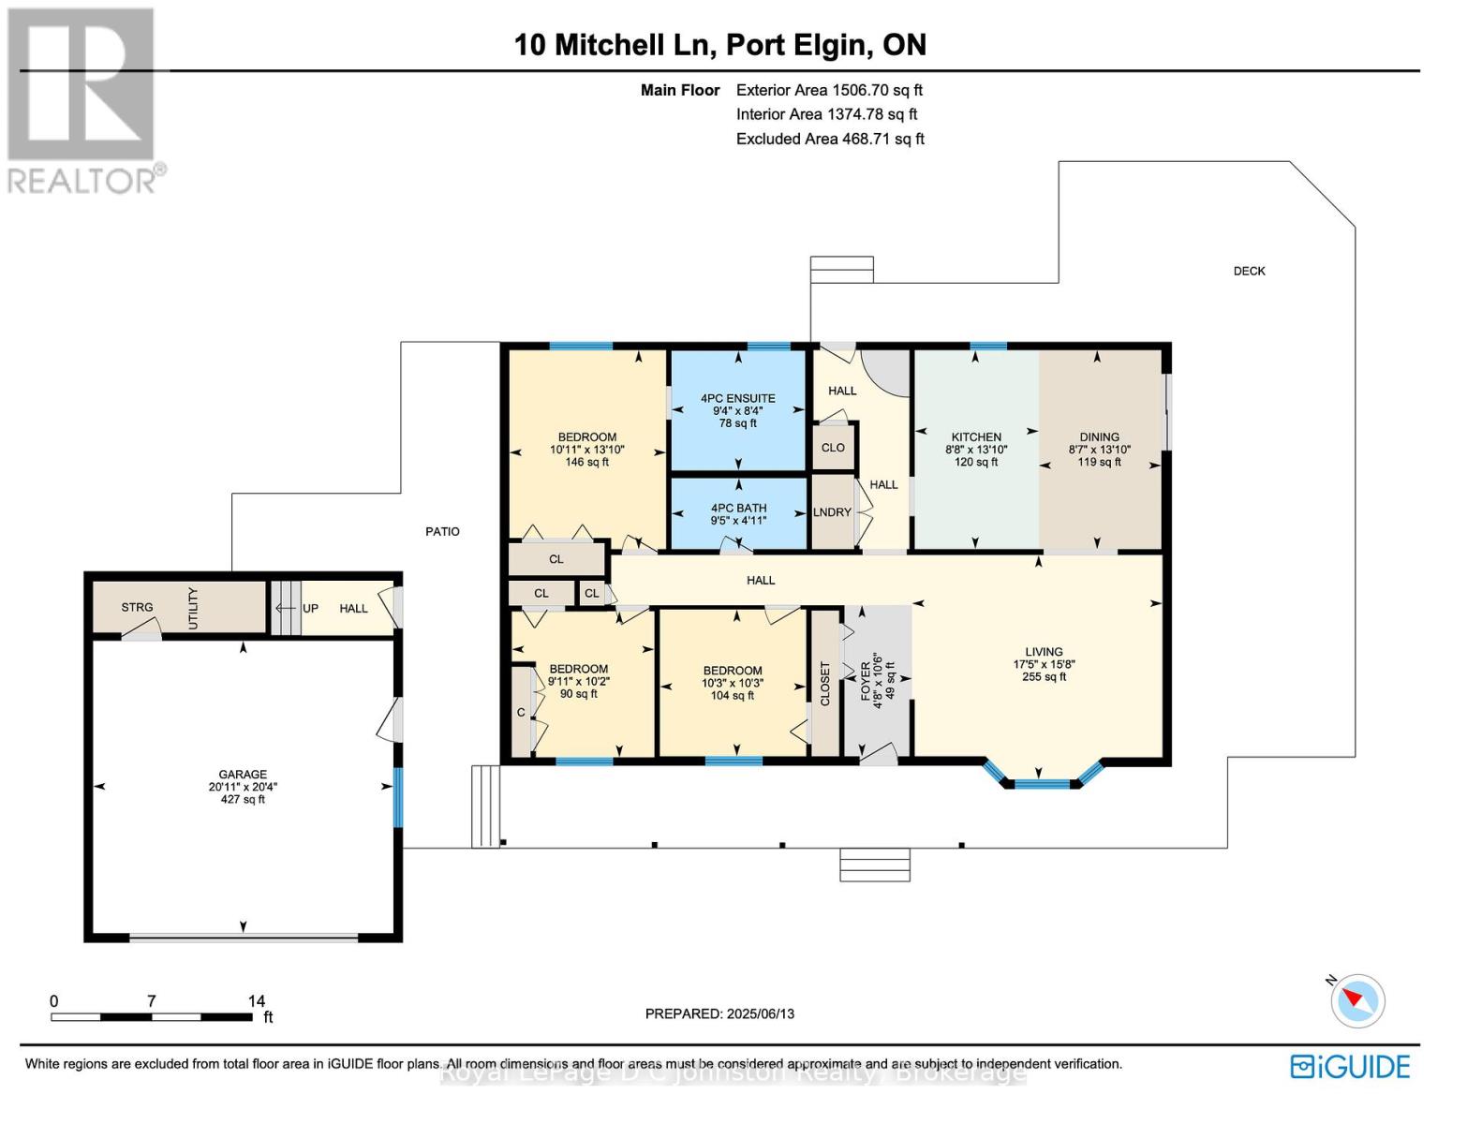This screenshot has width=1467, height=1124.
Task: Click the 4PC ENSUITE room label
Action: pos(737,398)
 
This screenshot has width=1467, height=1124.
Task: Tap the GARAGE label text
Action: pos(243,775)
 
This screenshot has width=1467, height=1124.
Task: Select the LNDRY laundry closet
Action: pos(832,512)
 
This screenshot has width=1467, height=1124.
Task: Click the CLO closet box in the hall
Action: pos(833,448)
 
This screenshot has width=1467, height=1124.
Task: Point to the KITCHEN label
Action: pos(976,437)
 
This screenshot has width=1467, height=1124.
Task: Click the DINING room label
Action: pos(1099,437)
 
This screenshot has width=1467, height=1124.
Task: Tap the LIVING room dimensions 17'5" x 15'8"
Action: pos(1044,664)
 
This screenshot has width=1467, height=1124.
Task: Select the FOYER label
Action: pos(866,681)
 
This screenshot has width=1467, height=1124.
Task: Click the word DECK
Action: pos(1249,272)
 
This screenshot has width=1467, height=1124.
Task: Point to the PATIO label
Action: pos(442,532)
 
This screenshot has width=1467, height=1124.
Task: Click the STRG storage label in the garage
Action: pos(137,608)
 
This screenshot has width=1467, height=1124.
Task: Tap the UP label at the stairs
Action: pos(310,609)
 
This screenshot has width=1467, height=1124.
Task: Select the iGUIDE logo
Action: pos(1349,1067)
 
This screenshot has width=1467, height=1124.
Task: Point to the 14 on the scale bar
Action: pos(256,1001)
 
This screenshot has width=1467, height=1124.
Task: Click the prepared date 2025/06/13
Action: pos(759,1013)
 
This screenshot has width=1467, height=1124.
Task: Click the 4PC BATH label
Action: pos(738,509)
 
